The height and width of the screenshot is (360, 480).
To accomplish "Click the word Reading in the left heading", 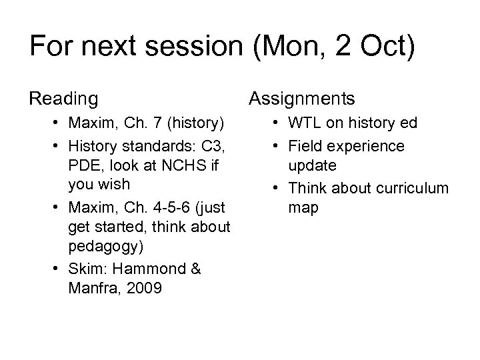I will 63,99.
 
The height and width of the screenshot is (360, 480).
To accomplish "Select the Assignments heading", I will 301,99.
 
